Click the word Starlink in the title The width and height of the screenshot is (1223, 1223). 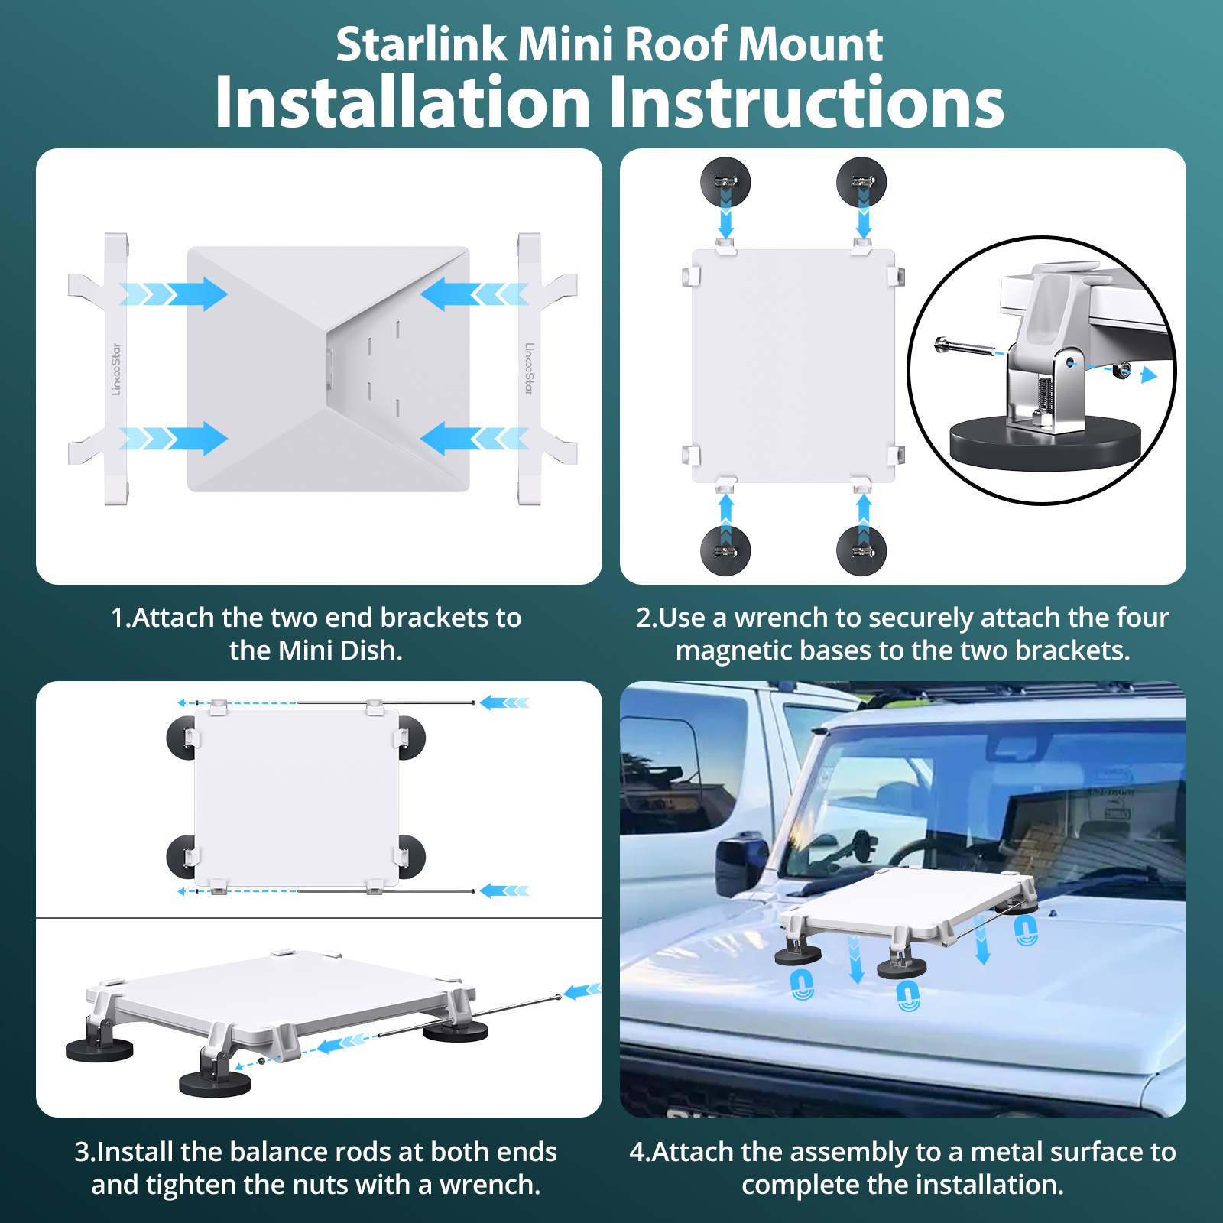421,44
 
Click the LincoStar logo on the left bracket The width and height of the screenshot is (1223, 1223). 116,369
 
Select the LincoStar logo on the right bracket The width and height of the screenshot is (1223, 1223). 529,368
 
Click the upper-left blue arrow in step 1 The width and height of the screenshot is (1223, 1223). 176,294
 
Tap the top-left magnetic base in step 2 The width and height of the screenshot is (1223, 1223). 725,182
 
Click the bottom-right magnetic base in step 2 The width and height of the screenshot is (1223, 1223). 861,550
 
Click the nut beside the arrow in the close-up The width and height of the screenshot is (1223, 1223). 1121,370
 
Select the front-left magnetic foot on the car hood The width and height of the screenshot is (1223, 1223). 798,954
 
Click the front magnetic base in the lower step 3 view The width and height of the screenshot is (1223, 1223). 215,1082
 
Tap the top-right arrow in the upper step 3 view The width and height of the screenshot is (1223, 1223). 504,702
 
